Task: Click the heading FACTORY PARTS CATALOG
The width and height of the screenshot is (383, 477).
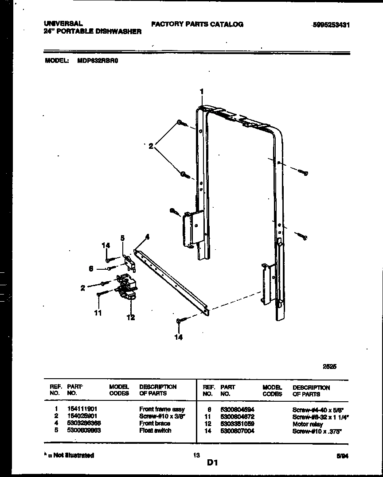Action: coord(197,24)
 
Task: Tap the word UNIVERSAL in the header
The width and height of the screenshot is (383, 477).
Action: coord(63,23)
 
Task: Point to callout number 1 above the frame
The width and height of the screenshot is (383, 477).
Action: coord(202,92)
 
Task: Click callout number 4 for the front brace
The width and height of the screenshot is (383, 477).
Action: coord(147,237)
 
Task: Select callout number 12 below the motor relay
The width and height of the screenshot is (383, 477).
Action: coord(131,317)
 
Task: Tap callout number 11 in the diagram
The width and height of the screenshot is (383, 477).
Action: coord(98,313)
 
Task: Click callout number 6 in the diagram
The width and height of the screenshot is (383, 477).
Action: coord(91,268)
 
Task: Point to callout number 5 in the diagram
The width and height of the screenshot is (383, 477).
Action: coord(122,238)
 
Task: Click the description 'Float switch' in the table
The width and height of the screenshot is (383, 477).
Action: coord(155,430)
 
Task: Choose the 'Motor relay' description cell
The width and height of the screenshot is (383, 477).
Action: coord(308,424)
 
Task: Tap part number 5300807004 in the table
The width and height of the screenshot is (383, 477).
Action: coord(237,431)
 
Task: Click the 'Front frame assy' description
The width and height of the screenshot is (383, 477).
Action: coord(162,409)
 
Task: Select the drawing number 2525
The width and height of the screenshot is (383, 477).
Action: coord(329,366)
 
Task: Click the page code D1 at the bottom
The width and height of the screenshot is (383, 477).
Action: coord(212,463)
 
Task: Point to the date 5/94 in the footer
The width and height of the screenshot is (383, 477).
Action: coord(342,456)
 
